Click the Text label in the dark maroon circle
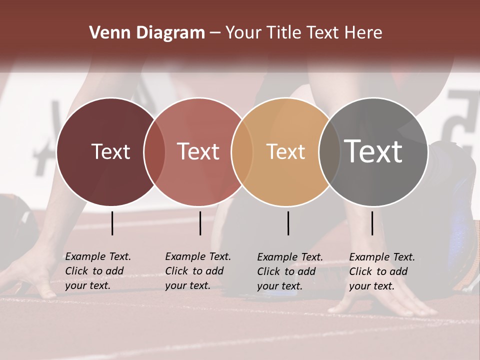pos(110,151)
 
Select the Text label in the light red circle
pos(198,151)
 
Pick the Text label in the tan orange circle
pos(285,151)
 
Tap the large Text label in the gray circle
pos(373,151)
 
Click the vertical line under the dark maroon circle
pos(112,223)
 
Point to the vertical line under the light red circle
pos(200,223)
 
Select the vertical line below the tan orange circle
pos(288,223)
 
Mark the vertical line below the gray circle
pos(372,223)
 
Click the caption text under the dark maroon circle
pos(98,271)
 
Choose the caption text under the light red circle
pos(198,271)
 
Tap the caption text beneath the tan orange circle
pos(290,271)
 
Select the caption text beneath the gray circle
pos(382,271)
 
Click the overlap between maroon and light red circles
pos(154,151)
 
